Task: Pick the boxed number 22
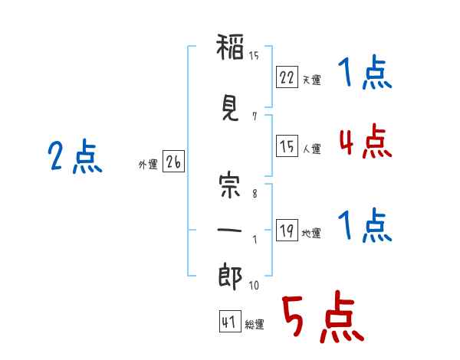pos(287,77)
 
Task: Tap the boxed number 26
pos(173,162)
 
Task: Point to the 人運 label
pos(312,149)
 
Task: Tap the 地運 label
pos(312,234)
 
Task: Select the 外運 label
pos(148,164)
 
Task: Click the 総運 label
pos(255,325)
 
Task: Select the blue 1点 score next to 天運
pos(364,74)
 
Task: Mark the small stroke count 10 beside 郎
pos(254,286)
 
